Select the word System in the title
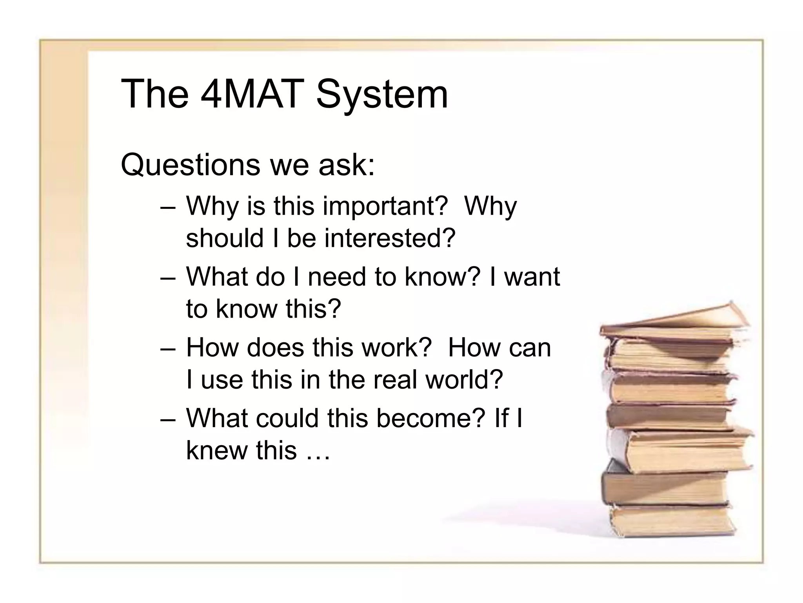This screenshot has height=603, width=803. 382,94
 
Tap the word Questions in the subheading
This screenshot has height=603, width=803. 191,165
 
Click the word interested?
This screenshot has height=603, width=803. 390,238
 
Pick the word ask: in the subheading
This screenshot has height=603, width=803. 347,165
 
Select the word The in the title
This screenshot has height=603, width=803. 155,94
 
